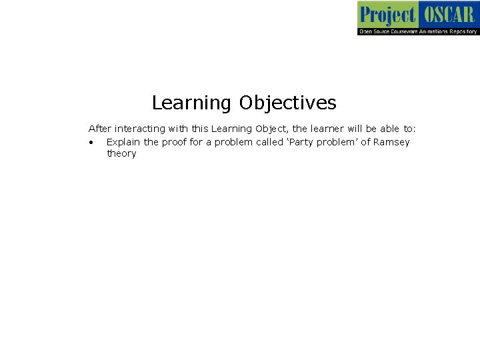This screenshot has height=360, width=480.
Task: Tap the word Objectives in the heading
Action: coord(288,103)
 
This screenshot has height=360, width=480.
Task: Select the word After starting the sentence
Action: coord(100,128)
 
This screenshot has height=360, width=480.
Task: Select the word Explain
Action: coord(123,142)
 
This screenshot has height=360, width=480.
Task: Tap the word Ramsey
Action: coord(391,142)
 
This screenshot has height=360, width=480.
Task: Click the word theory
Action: coord(121,153)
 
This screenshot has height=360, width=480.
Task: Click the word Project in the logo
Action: coord(387,14)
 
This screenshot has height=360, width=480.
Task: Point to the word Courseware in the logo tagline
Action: coord(399,31)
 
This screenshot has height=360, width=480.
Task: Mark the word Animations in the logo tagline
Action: coord(433,31)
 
